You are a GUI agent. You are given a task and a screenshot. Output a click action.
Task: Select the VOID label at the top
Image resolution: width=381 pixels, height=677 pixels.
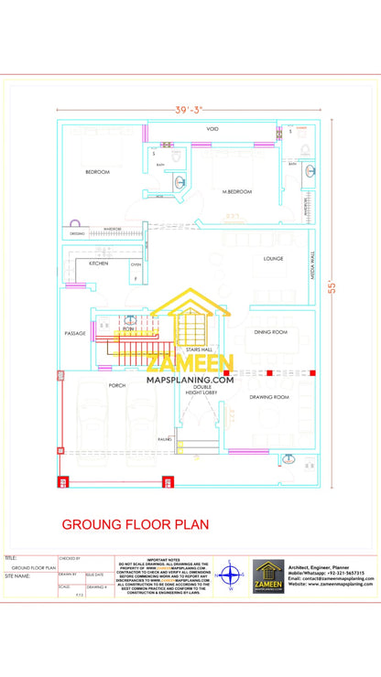tap(212, 129)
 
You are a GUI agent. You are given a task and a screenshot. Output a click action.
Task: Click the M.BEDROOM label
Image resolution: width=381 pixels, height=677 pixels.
tap(236, 191)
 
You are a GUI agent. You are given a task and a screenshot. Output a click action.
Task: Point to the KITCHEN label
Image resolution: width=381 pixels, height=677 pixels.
tap(98, 263)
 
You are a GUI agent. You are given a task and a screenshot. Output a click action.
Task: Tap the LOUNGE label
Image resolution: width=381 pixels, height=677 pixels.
tap(273, 259)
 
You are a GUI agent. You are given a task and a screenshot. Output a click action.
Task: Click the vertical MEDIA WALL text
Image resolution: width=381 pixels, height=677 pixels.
tap(312, 265)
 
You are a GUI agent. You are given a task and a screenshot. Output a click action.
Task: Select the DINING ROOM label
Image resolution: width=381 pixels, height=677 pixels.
tap(272, 333)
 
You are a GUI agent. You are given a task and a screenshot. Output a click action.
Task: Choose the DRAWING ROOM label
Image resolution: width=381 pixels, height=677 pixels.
tap(269, 397)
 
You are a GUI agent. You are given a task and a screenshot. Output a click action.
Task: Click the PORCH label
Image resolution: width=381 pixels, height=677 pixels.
tap(116, 385)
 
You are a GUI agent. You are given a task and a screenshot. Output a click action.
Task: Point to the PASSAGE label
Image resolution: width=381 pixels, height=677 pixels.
tap(75, 333)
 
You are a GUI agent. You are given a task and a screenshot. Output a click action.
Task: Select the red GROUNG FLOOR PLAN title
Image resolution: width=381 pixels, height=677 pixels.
tap(135, 525)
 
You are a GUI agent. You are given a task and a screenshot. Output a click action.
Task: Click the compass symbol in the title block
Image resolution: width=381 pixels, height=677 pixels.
tap(231, 575)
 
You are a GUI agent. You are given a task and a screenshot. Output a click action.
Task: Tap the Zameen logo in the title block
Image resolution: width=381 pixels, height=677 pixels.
tap(269, 576)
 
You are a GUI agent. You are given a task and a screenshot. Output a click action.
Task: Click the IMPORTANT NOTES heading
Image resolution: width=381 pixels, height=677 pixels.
tap(164, 558)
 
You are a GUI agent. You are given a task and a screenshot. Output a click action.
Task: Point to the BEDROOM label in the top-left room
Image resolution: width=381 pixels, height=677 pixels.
tap(98, 172)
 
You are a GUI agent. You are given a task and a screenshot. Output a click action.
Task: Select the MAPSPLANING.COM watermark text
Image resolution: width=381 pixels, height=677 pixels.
tap(190, 379)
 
